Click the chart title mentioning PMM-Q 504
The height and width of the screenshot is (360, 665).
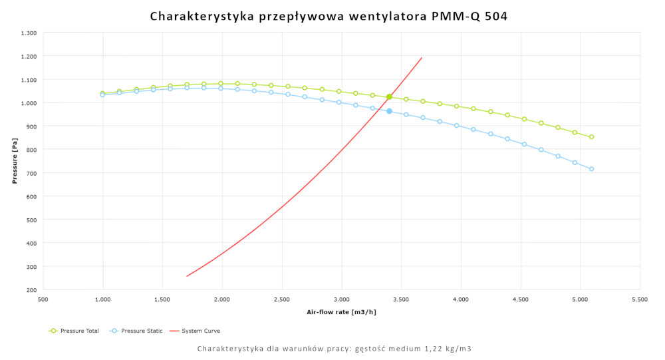[329, 16]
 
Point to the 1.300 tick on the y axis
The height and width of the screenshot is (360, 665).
[28, 33]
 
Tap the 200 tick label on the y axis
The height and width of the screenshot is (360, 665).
[32, 289]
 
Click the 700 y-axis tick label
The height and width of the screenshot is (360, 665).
[32, 173]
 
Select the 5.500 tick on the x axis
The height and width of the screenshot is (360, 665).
[639, 300]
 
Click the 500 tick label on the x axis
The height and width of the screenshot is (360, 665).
[43, 300]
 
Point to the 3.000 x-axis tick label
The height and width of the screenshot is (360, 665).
[341, 300]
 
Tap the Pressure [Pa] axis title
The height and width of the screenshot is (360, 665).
[14, 161]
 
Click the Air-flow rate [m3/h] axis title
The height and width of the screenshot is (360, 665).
[341, 311]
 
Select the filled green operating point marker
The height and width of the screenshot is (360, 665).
[389, 97]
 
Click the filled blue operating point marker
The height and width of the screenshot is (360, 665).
[389, 111]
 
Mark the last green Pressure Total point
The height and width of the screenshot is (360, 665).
[591, 137]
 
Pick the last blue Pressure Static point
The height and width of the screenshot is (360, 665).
[591, 169]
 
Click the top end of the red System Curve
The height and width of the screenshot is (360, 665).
[422, 57]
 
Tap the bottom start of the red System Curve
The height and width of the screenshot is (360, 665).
[187, 276]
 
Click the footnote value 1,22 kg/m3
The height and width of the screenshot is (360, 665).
[450, 348]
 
